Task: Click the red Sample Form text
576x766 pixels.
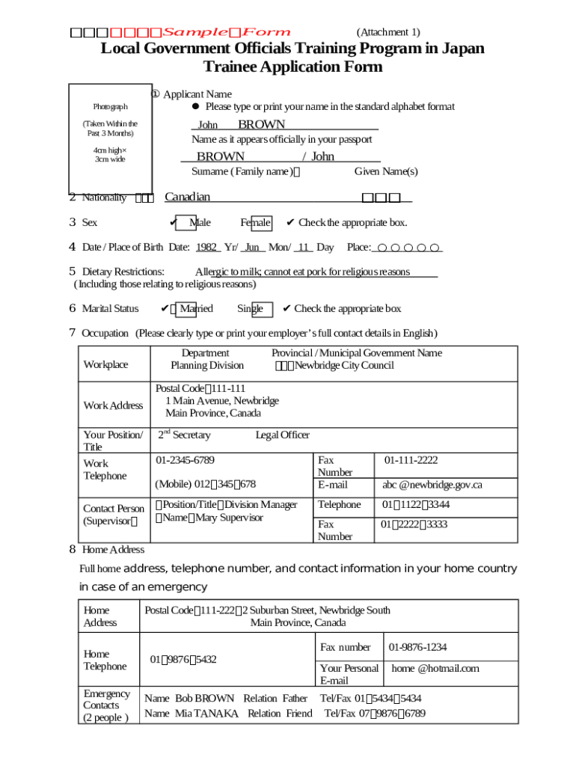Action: point(227,32)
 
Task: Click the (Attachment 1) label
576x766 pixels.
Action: point(387,32)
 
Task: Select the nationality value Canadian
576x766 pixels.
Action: point(187,197)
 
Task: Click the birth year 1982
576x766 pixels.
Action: point(206,248)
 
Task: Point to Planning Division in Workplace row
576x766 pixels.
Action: point(207,366)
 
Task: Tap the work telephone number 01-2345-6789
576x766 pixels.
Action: point(190,460)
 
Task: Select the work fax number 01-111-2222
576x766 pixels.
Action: point(411,460)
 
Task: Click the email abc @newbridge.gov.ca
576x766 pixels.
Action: point(432,485)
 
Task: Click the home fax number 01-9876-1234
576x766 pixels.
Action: point(417,647)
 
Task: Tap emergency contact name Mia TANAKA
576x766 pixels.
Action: point(206,714)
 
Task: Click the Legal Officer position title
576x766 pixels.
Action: point(282,435)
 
